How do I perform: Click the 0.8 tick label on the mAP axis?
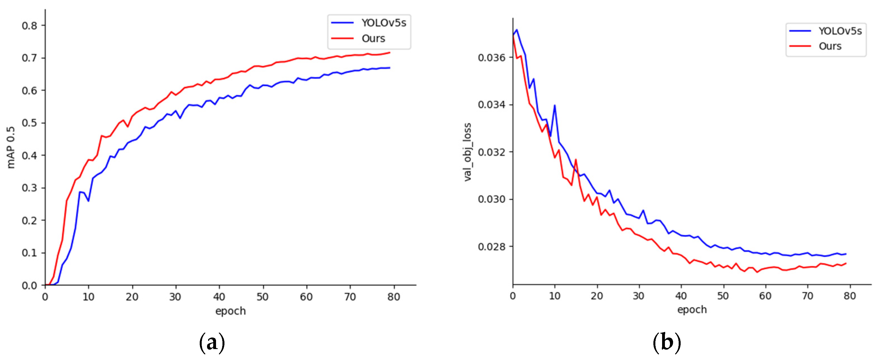[x=29, y=26]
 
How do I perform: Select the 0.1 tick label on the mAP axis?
[x=29, y=253]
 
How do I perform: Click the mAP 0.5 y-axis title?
[x=11, y=147]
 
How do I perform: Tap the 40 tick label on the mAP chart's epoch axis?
[x=219, y=297]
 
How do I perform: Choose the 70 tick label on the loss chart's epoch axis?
[x=808, y=296]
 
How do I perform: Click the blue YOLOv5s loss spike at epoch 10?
[x=555, y=106]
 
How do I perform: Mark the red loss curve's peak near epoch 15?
[x=576, y=159]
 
